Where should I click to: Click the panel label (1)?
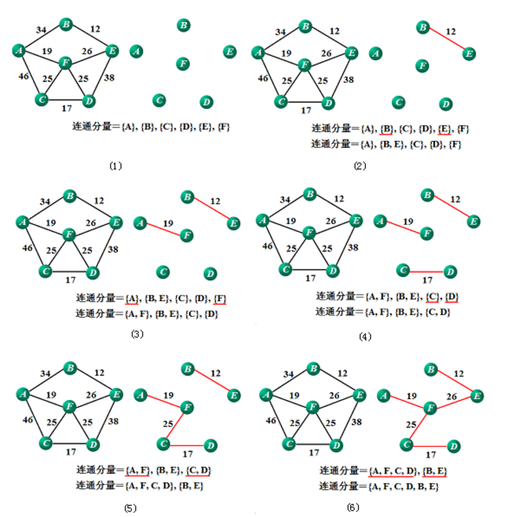(116, 166)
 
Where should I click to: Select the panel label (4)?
(364, 336)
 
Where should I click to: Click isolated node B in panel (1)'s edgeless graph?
(183, 26)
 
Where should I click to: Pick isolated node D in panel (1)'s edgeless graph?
(205, 102)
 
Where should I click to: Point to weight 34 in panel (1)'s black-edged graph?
(41, 30)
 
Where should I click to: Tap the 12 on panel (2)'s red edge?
(450, 32)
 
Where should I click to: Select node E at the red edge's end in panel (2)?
(469, 54)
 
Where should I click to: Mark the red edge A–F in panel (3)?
(162, 228)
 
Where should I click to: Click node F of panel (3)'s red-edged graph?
(186, 235)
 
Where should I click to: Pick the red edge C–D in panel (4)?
(426, 270)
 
